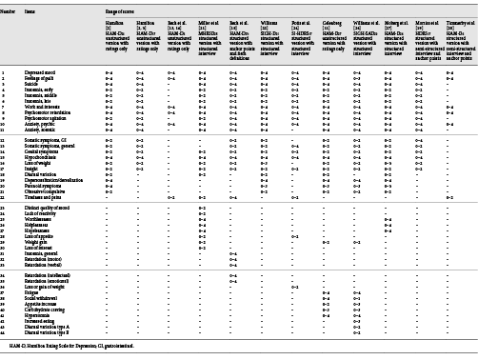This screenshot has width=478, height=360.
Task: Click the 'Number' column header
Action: point(9,10)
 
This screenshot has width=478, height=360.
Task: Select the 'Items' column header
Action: point(30,10)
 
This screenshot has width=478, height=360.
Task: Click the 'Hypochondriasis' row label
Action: point(42,157)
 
